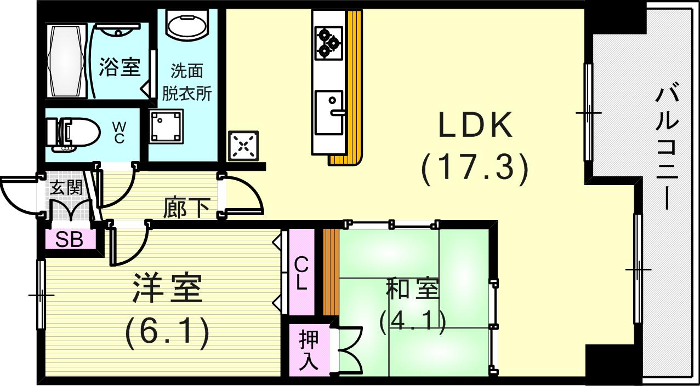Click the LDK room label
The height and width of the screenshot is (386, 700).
[x=475, y=126]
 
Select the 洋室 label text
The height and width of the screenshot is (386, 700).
[x=167, y=288]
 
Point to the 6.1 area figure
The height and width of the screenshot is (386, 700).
[x=167, y=332]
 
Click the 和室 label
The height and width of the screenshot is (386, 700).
[x=412, y=290]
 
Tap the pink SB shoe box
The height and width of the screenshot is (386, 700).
[x=70, y=240]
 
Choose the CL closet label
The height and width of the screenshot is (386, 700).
[x=301, y=274]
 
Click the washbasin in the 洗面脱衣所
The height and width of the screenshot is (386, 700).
[x=186, y=24]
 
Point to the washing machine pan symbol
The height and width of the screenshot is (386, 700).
[x=166, y=126]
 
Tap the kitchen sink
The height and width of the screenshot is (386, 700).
[x=329, y=113]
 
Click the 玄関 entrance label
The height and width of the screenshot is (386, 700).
[x=66, y=188]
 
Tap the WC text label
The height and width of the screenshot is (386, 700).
[x=119, y=132]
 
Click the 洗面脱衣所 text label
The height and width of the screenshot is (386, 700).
[x=187, y=82]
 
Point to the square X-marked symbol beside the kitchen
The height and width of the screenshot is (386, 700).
[x=243, y=145]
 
